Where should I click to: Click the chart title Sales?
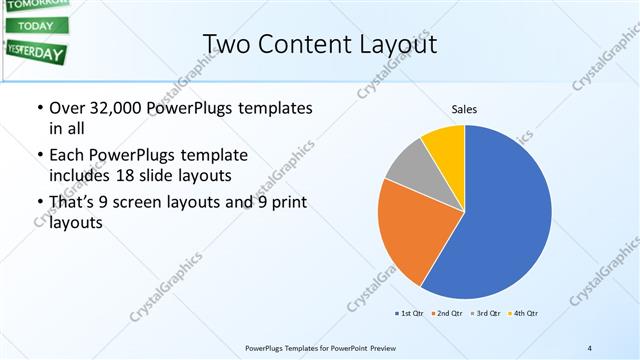pyautogui.click(x=464, y=108)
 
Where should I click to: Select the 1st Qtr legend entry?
pyautogui.click(x=408, y=314)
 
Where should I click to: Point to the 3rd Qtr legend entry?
pyautogui.click(x=485, y=314)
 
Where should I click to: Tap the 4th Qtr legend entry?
pyautogui.click(x=524, y=314)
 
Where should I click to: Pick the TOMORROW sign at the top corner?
pyautogui.click(x=35, y=4)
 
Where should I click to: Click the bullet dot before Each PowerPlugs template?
pyautogui.click(x=39, y=156)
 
